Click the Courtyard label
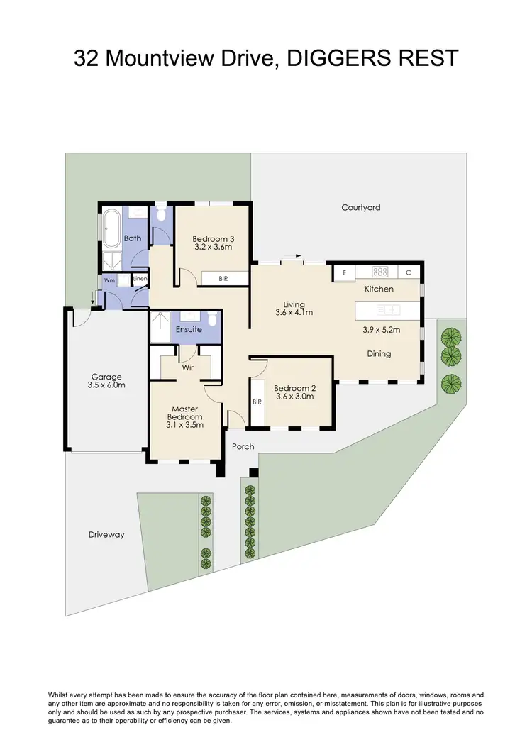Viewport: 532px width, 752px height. (x=360, y=208)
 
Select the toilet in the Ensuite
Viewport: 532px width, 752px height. (x=211, y=319)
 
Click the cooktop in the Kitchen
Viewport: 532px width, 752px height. (x=380, y=272)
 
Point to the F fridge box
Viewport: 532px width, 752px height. (x=345, y=272)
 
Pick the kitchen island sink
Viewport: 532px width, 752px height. (x=389, y=310)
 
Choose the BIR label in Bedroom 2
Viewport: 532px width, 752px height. (x=257, y=402)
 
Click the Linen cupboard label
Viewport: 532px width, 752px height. (x=140, y=280)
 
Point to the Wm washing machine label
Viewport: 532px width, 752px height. (x=110, y=280)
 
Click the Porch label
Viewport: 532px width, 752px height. (x=243, y=447)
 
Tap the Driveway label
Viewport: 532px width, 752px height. (x=106, y=535)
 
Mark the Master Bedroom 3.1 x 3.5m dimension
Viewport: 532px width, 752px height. (x=184, y=426)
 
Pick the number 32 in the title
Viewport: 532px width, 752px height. (x=89, y=58)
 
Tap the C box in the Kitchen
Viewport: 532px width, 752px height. (x=409, y=272)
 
